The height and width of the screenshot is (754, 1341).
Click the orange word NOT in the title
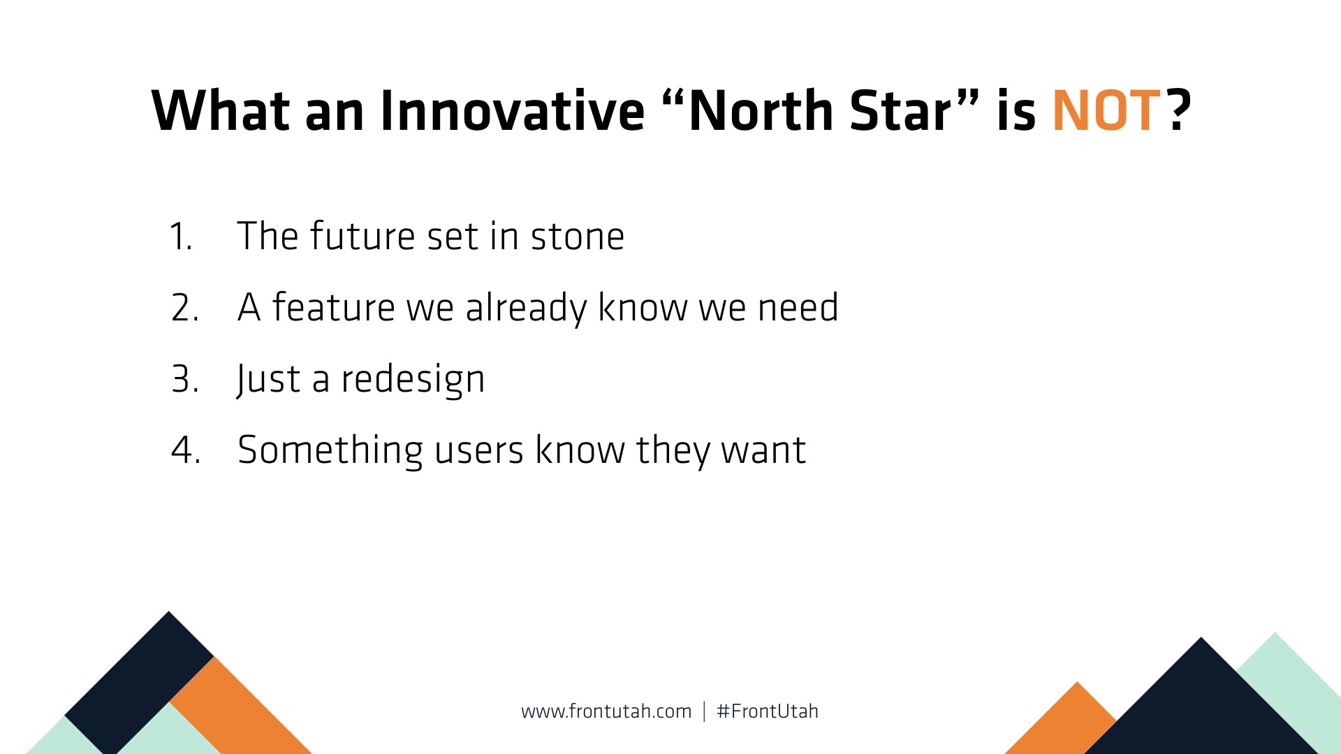pos(1106,111)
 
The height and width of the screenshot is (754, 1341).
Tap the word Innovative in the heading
pos(512,111)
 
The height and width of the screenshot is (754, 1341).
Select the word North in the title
pos(761,110)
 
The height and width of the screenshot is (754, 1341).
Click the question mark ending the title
pos(1179,111)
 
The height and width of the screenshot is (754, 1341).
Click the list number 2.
pos(185,307)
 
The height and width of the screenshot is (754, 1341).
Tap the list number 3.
pos(185,379)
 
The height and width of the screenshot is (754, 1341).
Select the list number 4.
pos(186,450)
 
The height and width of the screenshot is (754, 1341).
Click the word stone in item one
pos(578,236)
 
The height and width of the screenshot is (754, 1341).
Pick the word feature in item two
pos(334,306)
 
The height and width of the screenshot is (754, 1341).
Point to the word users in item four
pos(479,451)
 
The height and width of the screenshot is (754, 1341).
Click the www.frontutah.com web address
pos(606,711)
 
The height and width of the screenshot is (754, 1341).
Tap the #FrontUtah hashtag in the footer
pos(768,711)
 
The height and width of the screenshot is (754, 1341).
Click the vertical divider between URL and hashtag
pos(704,711)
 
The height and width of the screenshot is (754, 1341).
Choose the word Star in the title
pos(900,111)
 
